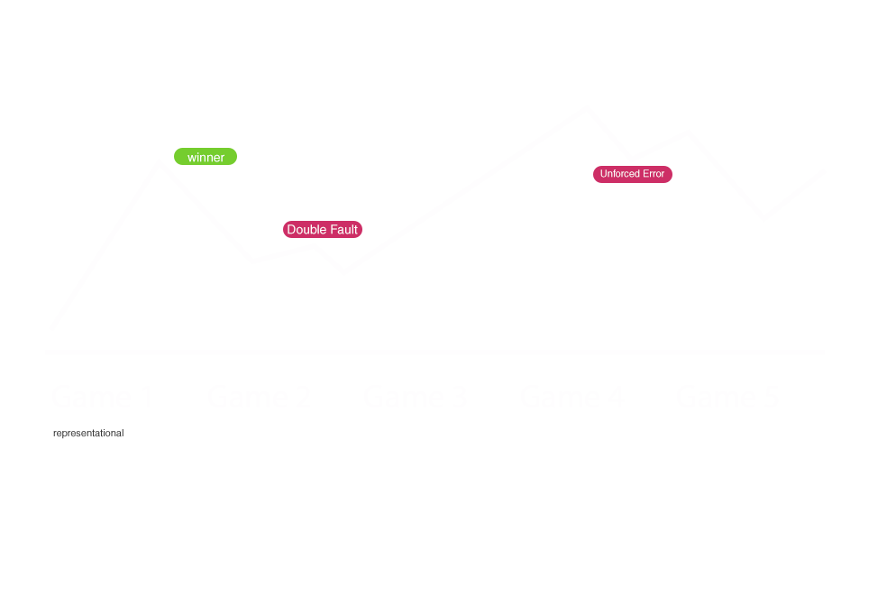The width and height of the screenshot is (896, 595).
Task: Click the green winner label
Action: point(206,157)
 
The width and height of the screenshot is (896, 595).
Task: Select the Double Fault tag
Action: point(323,230)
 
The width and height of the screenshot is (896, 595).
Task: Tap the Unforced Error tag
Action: point(633,174)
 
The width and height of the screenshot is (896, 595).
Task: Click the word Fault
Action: point(343,230)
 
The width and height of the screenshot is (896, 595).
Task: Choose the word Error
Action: point(654,174)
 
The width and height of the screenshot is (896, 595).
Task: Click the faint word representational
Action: point(87,434)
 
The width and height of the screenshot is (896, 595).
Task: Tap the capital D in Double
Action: point(291,230)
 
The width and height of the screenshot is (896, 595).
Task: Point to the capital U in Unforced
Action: point(604,174)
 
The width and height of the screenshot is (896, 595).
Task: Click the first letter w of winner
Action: point(192,158)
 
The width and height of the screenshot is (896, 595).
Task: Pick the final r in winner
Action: point(223,158)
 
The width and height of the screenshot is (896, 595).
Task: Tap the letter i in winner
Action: point(198,158)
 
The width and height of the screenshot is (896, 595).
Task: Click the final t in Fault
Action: point(356,230)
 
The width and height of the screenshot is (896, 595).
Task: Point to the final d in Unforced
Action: point(637,174)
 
